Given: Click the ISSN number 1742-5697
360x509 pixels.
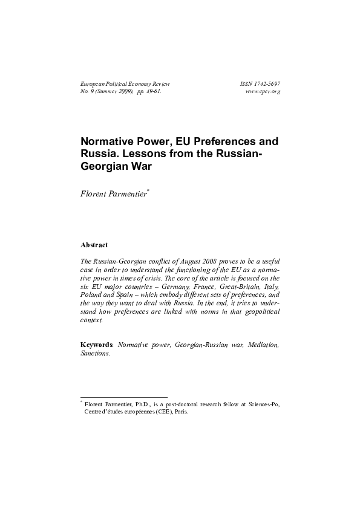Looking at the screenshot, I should pyautogui.click(x=267, y=83).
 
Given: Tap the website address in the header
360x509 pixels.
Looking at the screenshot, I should pyautogui.click(x=264, y=91).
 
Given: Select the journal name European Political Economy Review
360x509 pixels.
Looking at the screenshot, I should pyautogui.click(x=125, y=83).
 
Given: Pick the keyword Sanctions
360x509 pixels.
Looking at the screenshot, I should pyautogui.click(x=96, y=353).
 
